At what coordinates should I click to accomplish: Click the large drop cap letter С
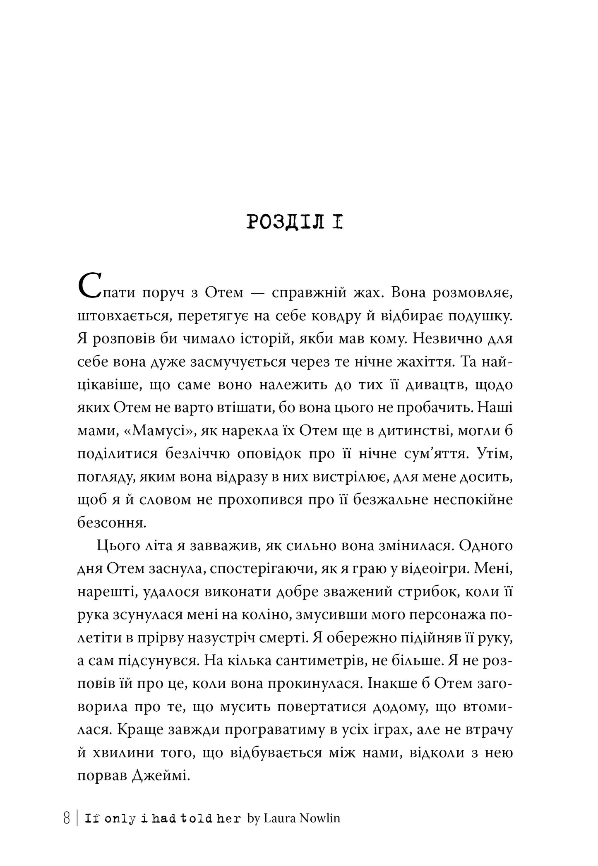point(88,286)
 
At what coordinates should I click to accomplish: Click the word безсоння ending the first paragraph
point(112,523)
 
